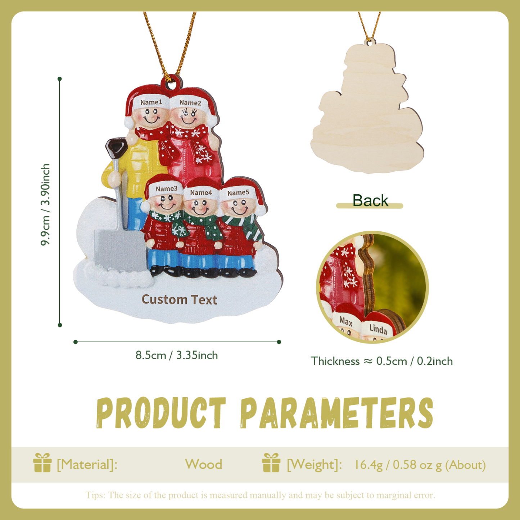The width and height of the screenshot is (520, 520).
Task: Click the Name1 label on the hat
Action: (151, 102)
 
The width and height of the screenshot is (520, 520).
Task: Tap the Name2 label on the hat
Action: (190, 103)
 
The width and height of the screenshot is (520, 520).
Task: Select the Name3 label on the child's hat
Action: (166, 189)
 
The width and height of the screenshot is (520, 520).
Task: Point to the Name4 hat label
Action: (201, 193)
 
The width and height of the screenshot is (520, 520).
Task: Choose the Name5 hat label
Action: (238, 193)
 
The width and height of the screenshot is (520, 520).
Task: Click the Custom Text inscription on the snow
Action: (179, 299)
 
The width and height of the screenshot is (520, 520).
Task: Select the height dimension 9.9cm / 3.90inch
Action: (46, 204)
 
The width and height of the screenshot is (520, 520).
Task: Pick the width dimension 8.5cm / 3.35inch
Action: (177, 355)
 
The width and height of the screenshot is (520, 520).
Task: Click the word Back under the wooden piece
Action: (370, 200)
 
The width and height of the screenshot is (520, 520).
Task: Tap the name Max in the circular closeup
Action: (346, 321)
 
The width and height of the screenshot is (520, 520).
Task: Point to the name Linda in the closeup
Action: (378, 329)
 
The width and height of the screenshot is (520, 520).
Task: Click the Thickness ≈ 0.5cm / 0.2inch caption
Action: (382, 361)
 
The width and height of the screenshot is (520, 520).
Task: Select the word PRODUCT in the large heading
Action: (161, 413)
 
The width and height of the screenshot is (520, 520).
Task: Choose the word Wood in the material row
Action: (203, 464)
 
